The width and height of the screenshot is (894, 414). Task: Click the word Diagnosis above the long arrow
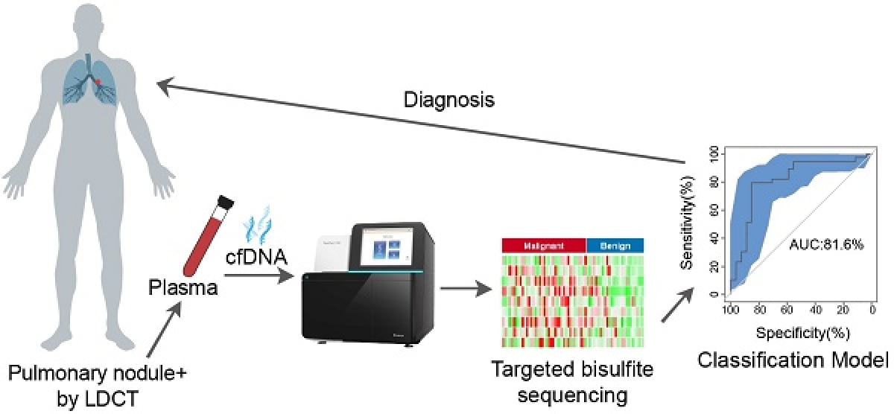[x=449, y=98]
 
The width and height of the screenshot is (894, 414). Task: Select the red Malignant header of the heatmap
[x=544, y=244]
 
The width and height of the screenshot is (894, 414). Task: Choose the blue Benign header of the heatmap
[x=615, y=244]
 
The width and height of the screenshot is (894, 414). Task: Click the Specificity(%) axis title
[x=800, y=330]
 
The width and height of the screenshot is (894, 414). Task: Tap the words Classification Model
[x=794, y=362]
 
